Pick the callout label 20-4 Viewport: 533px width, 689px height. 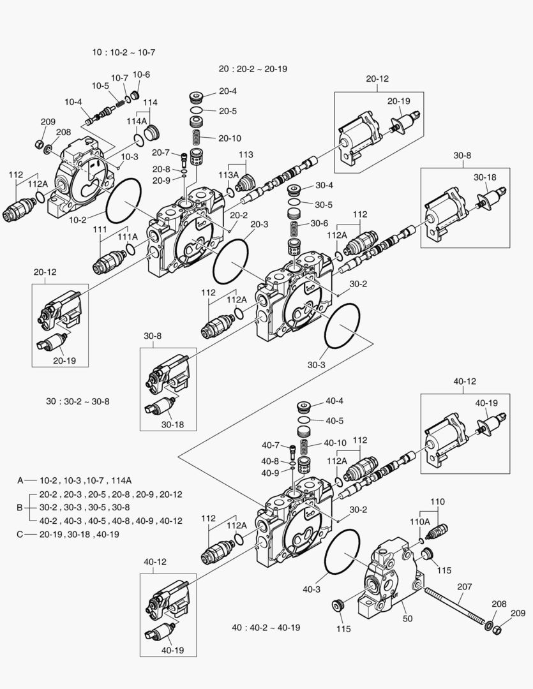click(228, 91)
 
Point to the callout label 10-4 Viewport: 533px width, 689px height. click(73, 101)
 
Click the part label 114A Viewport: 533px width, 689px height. click(137, 121)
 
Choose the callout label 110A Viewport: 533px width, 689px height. click(419, 521)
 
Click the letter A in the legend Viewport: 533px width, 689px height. click(20, 480)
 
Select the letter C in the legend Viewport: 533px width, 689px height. click(20, 534)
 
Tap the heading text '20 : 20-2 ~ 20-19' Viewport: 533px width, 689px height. click(253, 68)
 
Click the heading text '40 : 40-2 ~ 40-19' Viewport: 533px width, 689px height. click(266, 627)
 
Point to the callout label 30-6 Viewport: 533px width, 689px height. click(319, 223)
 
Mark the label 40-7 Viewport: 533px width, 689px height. click(271, 445)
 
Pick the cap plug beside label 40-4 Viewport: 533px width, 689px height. click(304, 406)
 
